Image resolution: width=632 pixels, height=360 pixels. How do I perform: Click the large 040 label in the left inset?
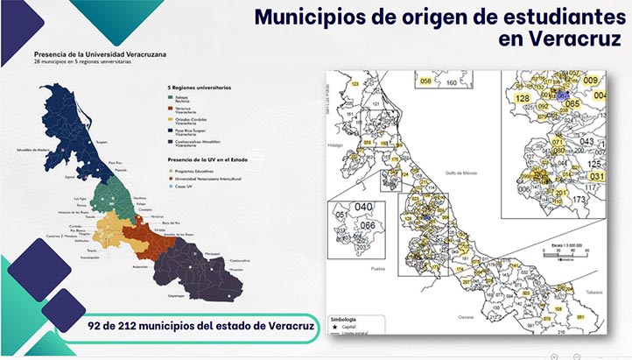tap(363, 208)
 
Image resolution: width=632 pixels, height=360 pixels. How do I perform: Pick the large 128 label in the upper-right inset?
tap(523, 99)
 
